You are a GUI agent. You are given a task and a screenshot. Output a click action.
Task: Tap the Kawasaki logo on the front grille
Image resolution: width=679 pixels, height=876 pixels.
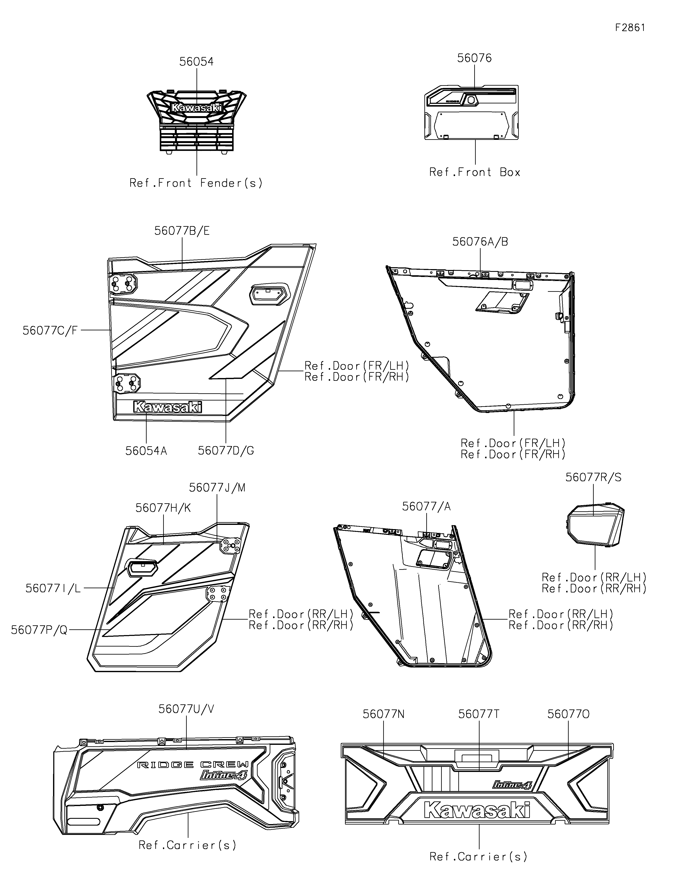[x=196, y=107]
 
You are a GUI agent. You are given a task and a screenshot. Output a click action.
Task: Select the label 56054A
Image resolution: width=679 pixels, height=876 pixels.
[x=146, y=451]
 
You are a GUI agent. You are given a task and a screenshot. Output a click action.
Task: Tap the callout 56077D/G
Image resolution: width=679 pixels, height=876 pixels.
[x=226, y=451]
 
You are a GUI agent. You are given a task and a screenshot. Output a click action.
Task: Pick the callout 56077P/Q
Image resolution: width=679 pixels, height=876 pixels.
[x=39, y=630]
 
